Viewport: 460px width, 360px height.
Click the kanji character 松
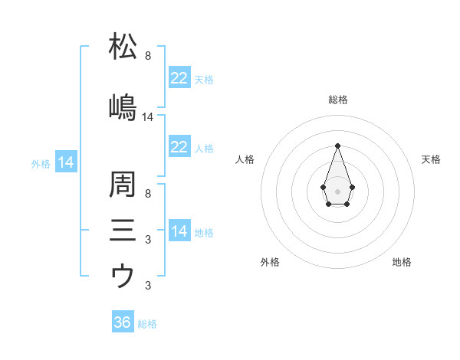[x=123, y=47]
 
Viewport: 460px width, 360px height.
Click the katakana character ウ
[x=123, y=275]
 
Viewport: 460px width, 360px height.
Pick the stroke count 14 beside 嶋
[x=148, y=117]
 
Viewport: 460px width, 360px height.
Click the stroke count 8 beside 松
[x=147, y=56]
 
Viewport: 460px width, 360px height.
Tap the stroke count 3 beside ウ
[x=147, y=286]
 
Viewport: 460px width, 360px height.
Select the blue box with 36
[x=123, y=322]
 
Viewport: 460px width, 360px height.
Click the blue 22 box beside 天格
[x=179, y=79]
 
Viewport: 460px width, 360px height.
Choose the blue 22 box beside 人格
[x=179, y=148]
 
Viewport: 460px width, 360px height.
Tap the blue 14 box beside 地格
[x=179, y=232]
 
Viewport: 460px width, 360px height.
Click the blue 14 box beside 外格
[x=65, y=163]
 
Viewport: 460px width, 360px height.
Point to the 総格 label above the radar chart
[x=337, y=100]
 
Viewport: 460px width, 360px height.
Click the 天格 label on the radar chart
[x=431, y=159]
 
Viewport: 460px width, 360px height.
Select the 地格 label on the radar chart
[x=402, y=262]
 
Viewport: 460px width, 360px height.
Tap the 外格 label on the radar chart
[x=270, y=262]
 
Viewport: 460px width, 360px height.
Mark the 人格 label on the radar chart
[x=245, y=159]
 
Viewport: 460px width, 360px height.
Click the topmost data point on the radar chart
[x=337, y=146]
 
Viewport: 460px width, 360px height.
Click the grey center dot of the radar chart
[x=337, y=190]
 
